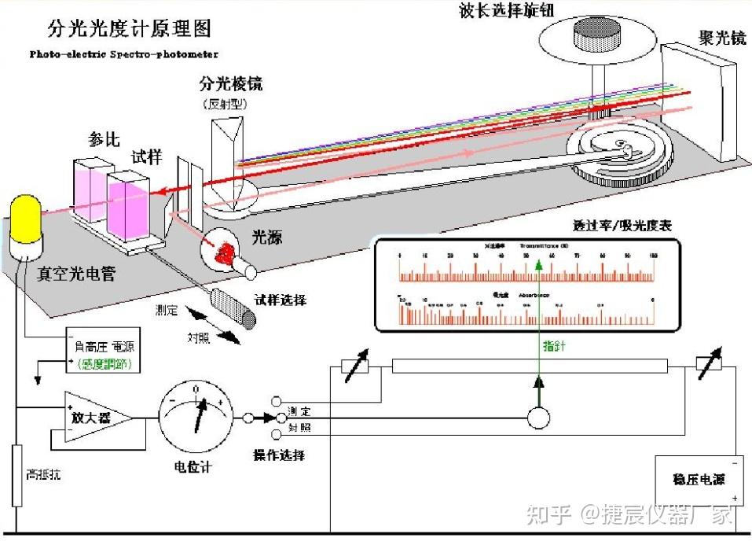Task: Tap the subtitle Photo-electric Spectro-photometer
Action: click(123, 55)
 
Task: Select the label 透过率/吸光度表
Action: click(622, 226)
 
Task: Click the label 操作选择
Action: click(279, 455)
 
